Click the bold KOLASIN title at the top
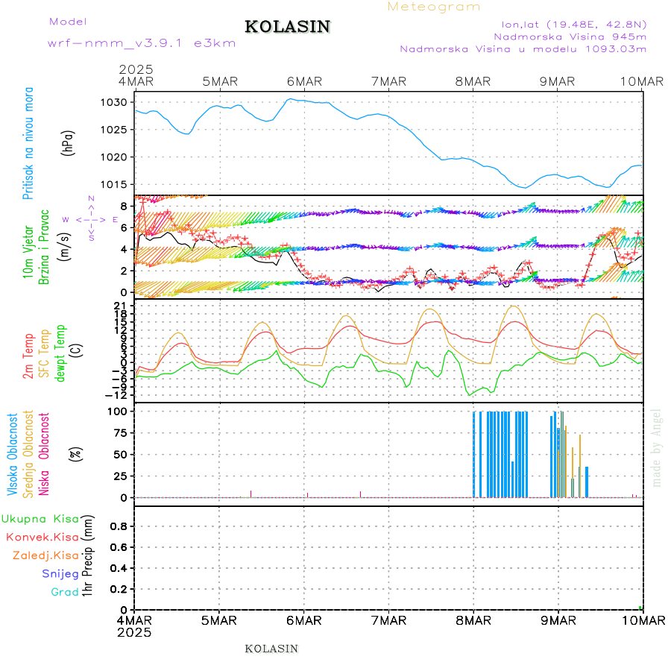(287, 27)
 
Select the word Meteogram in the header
(434, 7)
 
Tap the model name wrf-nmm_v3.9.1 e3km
(142, 43)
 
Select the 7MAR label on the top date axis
(388, 81)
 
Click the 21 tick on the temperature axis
(122, 306)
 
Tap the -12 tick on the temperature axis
(119, 394)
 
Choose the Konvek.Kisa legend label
(42, 537)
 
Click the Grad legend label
(65, 592)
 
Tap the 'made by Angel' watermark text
(657, 447)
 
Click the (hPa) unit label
(68, 142)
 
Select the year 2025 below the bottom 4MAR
(134, 632)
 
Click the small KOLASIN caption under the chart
(271, 649)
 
